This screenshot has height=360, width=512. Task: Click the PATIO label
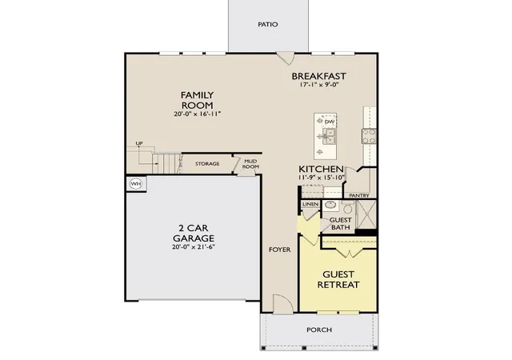(268, 25)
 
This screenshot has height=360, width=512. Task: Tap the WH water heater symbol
(136, 183)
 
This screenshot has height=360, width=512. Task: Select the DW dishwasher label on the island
(330, 122)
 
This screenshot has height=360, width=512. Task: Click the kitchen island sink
(329, 136)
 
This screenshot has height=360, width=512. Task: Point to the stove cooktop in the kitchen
(369, 136)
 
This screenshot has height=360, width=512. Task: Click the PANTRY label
(359, 195)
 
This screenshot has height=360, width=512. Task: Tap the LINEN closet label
(310, 204)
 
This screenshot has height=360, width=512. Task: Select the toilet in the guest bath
(347, 207)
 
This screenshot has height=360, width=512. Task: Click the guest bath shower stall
(366, 214)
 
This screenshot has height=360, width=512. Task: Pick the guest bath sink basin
(330, 206)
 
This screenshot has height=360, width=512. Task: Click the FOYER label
(279, 250)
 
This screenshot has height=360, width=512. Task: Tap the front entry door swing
(282, 304)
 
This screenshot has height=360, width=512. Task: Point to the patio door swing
(286, 58)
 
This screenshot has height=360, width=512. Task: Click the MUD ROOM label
(250, 164)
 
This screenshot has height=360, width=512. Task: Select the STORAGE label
(207, 164)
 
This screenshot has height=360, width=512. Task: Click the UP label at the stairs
(139, 143)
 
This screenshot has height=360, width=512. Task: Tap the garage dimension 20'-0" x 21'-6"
(194, 247)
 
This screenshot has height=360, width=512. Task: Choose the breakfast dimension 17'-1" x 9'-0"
(318, 85)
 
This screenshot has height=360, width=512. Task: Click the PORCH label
(319, 330)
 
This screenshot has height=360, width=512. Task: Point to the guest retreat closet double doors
(349, 253)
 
